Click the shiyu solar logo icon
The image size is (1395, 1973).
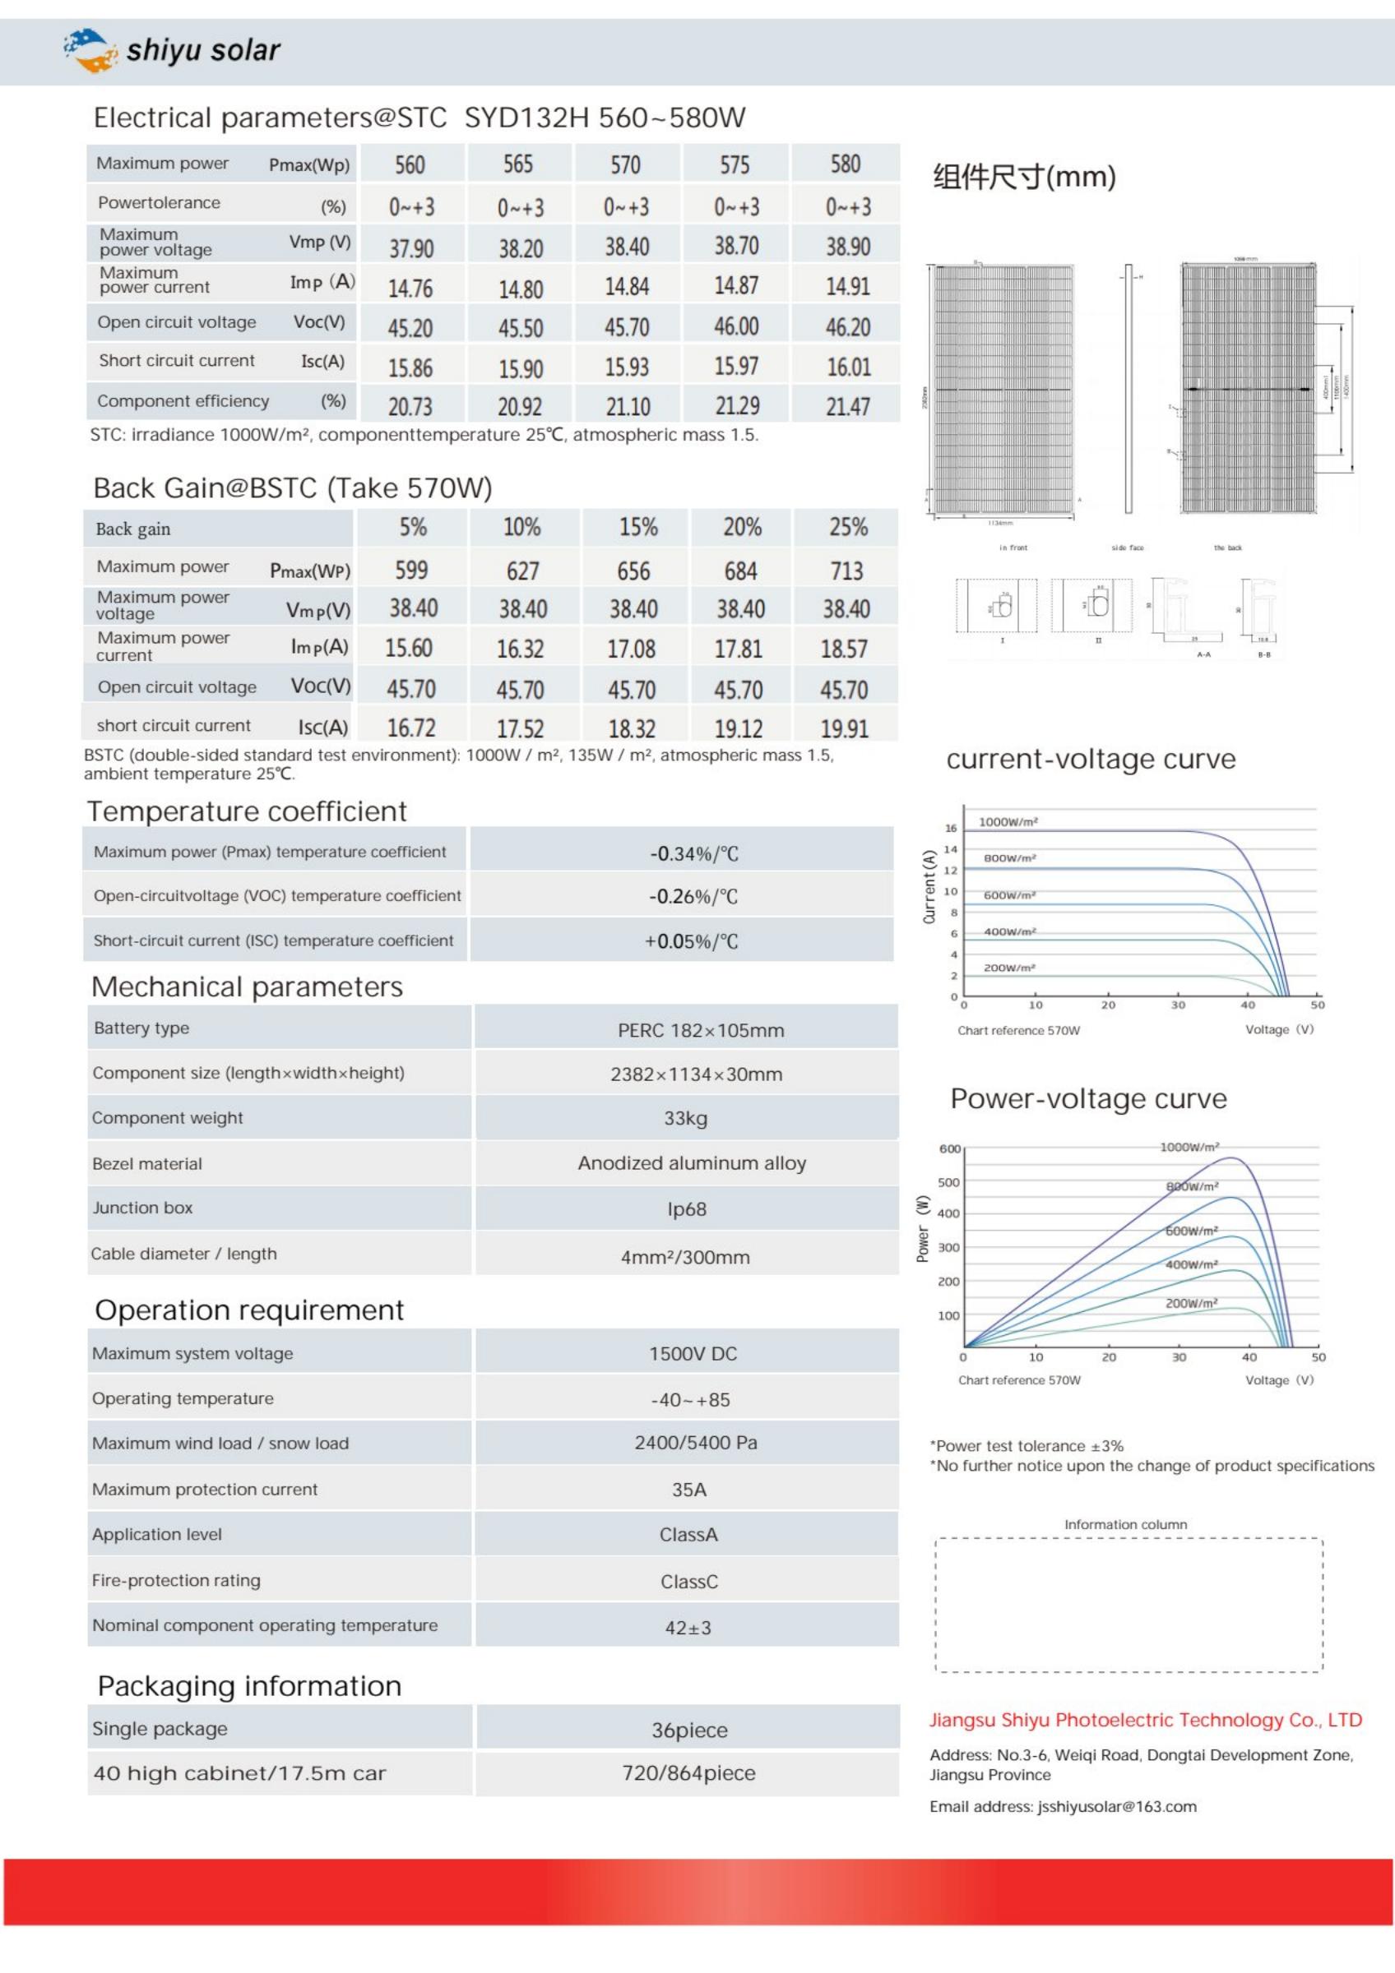coord(90,50)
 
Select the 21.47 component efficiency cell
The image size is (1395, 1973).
coord(847,406)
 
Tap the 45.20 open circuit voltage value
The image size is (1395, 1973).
coord(410,328)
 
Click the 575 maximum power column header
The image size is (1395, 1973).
coord(735,165)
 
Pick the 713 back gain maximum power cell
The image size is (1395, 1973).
coord(846,571)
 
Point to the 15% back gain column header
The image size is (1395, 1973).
coord(637,527)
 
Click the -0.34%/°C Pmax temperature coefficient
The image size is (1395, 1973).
coord(693,853)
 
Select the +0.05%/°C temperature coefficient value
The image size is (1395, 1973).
coord(691,941)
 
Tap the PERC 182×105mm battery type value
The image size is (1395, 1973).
coord(701,1030)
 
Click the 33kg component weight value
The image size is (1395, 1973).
coord(685,1118)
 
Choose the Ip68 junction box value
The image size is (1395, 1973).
coord(687,1209)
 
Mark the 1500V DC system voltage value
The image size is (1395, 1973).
coord(693,1353)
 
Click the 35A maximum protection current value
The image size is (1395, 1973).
coord(688,1489)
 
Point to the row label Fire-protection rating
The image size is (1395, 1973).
coord(176,1580)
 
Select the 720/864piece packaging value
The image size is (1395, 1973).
coord(688,1772)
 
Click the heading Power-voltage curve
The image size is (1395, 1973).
coord(1088,1098)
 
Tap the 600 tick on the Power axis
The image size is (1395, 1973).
coord(950,1149)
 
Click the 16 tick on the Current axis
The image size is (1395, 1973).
coord(951,829)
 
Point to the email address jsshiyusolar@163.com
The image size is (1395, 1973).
coord(1116,1806)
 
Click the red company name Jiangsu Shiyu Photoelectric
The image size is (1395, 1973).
coord(1145,1720)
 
